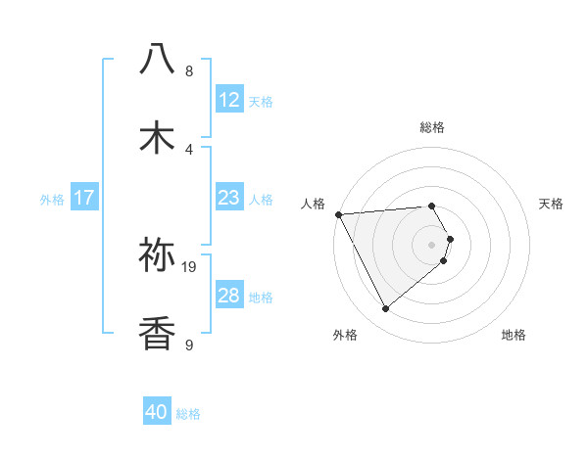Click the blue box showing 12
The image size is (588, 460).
click(x=228, y=100)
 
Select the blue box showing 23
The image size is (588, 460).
click(x=228, y=198)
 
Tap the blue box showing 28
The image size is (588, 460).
click(x=228, y=296)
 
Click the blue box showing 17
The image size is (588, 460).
click(x=84, y=198)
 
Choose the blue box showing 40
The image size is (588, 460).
click(x=157, y=412)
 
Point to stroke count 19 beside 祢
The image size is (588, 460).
click(x=189, y=265)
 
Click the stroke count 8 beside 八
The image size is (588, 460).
click(x=189, y=70)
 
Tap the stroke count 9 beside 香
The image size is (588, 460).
click(x=189, y=345)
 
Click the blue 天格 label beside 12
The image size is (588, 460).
click(x=261, y=101)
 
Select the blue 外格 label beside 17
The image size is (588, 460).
click(x=52, y=199)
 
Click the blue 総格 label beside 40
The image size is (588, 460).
click(x=188, y=414)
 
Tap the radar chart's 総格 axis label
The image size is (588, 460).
click(x=431, y=127)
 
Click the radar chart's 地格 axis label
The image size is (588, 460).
click(x=514, y=335)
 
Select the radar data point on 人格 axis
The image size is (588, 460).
click(x=338, y=213)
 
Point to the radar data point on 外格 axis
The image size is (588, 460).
click(x=386, y=309)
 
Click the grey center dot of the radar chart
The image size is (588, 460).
click(x=431, y=244)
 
